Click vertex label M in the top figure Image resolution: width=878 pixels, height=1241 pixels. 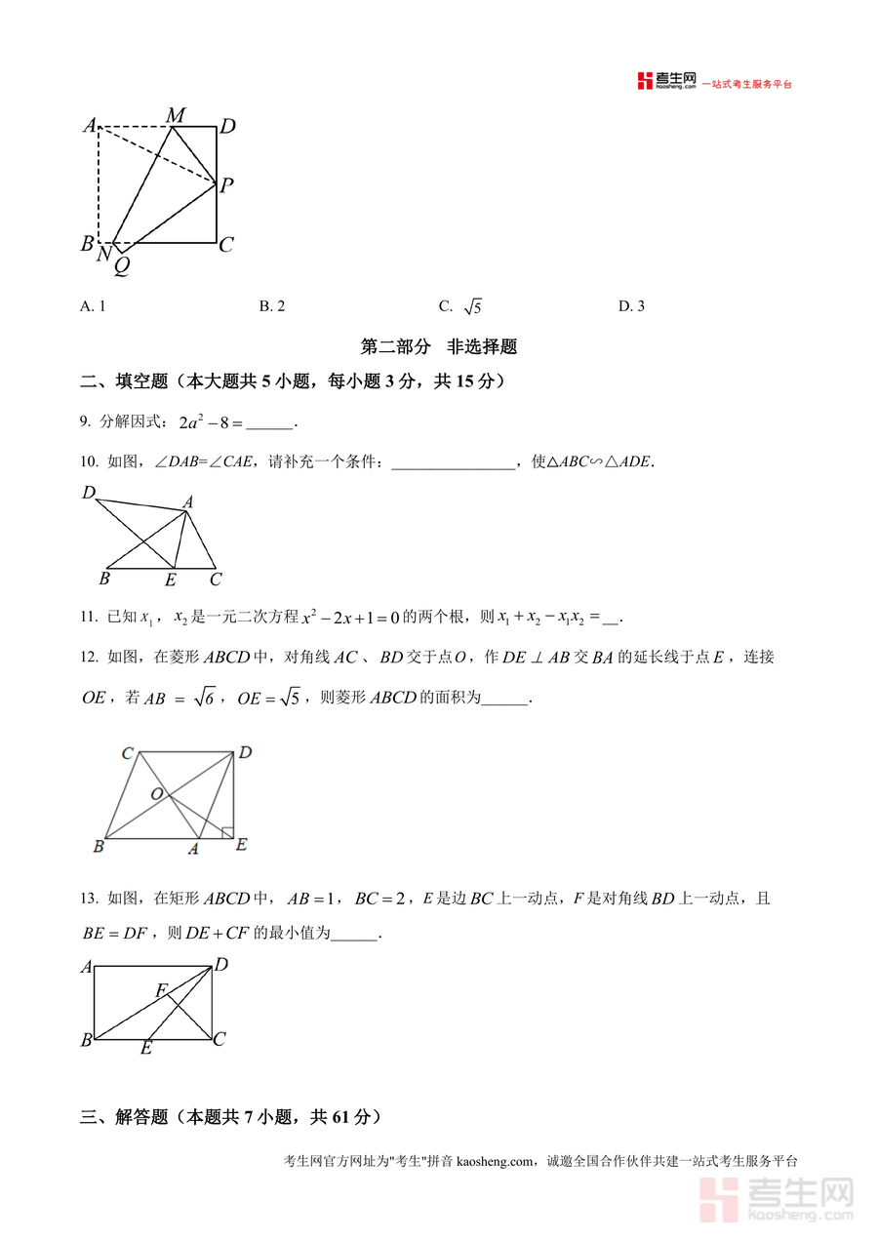coord(176,116)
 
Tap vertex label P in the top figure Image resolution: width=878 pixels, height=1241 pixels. coord(226,185)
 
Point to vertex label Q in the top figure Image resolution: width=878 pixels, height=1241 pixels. coord(122,264)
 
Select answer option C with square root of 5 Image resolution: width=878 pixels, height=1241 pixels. coord(460,306)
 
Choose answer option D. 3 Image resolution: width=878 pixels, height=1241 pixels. coord(631,306)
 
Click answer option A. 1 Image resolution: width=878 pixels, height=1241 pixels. coord(93,306)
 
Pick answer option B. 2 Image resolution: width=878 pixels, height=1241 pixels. coord(272,306)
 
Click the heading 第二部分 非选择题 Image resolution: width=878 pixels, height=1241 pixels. coord(438,346)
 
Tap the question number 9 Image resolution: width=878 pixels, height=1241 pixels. coord(85,422)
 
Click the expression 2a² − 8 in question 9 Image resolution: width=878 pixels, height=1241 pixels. coord(210,422)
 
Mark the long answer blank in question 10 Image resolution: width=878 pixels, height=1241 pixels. coord(453,463)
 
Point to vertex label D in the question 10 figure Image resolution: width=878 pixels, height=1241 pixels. coord(88,493)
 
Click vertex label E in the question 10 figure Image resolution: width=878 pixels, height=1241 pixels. coord(171,580)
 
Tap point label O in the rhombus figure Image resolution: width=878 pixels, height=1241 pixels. coord(156,794)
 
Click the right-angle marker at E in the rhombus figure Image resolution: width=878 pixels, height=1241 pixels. coord(226,832)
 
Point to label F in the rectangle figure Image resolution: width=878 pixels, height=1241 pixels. coord(161,991)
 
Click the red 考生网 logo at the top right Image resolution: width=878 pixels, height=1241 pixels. coord(667,82)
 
